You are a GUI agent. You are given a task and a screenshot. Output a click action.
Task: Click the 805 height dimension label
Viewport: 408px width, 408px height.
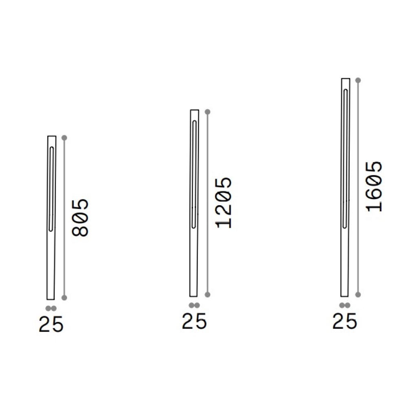pyautogui.click(x=80, y=218)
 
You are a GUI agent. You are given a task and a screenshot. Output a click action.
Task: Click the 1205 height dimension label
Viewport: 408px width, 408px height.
pyautogui.click(x=224, y=203)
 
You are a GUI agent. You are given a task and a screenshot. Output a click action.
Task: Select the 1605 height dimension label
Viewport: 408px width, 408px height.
pyautogui.click(x=374, y=186)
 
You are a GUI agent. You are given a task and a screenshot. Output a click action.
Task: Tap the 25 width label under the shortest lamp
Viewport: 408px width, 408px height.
pyautogui.click(x=51, y=324)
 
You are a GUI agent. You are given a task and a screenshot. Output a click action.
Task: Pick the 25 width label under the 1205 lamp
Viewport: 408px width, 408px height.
pyautogui.click(x=194, y=321)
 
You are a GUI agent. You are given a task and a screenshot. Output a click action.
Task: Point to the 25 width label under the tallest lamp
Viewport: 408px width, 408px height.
pyautogui.click(x=345, y=321)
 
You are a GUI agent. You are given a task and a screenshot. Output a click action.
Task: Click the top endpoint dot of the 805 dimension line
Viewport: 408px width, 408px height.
pyautogui.click(x=64, y=137)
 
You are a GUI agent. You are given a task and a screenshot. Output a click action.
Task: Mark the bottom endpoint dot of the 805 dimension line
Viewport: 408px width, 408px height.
pyautogui.click(x=64, y=298)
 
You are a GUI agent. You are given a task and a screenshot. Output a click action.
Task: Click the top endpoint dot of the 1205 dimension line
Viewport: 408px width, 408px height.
pyautogui.click(x=207, y=112)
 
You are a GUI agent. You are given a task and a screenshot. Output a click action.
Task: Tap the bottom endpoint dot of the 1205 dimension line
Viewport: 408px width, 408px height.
pyautogui.click(x=207, y=295)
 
